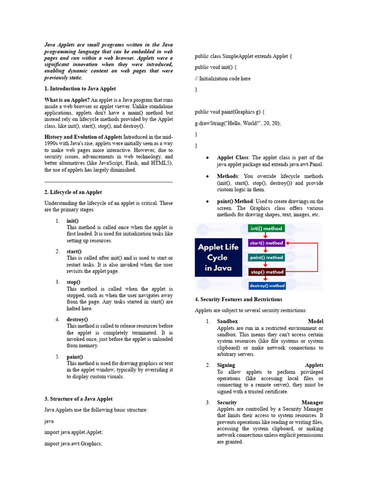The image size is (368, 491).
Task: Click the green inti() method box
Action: point(266,229)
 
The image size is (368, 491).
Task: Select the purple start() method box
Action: point(266,243)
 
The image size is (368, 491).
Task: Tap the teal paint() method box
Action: point(266,257)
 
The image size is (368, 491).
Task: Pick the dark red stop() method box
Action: point(266,272)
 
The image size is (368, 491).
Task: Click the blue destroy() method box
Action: point(267,286)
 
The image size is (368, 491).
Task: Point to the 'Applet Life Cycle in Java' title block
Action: point(218,257)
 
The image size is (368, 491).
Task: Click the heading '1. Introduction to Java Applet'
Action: point(80,89)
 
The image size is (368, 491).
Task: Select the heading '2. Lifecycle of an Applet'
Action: point(73,192)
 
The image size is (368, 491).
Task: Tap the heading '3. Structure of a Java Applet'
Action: point(79,398)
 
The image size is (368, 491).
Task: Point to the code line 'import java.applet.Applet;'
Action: point(73,432)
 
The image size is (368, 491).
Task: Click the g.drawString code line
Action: point(238,123)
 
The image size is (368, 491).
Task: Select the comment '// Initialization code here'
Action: point(222,78)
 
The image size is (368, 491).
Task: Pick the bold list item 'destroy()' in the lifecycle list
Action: point(77,319)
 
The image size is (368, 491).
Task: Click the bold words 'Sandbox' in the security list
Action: point(227,321)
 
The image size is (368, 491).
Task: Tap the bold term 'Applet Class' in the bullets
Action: point(232,157)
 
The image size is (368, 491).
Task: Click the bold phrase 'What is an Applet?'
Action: point(67,100)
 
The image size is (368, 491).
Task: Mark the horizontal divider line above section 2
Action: point(108,182)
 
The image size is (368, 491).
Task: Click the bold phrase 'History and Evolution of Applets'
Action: point(83,137)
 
